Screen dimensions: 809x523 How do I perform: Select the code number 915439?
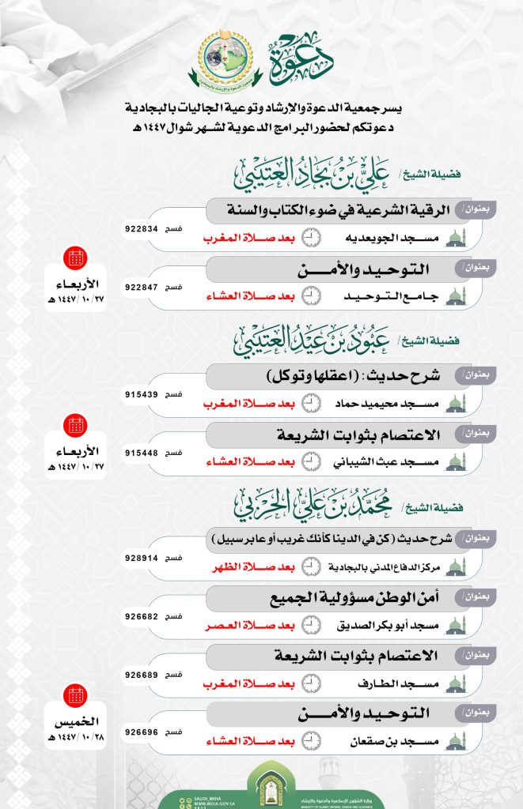[x=142, y=393]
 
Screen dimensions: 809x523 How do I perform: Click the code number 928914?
[x=142, y=557]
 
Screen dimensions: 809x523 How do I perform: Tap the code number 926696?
[x=142, y=732]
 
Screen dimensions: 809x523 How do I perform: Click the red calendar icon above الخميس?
[x=77, y=696]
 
